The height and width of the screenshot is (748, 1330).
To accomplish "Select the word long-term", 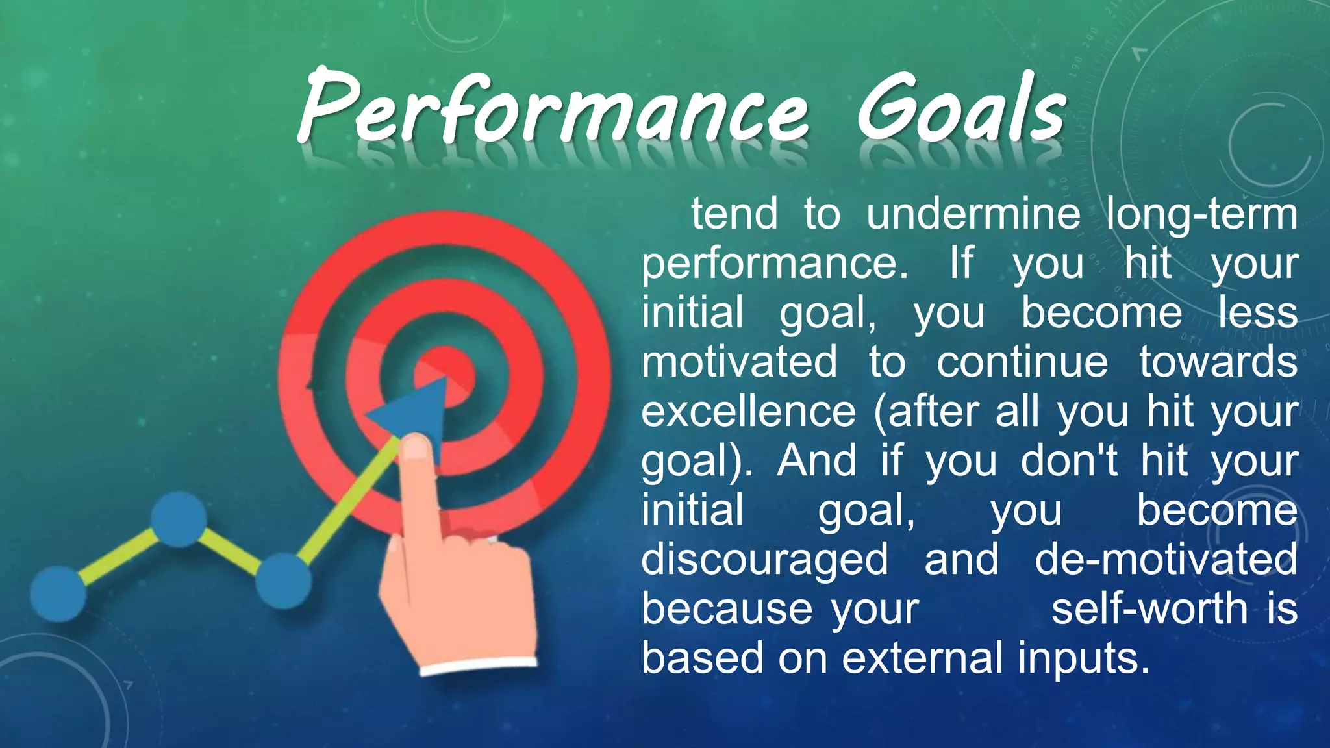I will tap(1201, 214).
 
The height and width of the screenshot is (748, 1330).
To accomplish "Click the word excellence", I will tap(749, 412).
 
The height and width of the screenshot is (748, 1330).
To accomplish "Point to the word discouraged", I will tap(764, 560).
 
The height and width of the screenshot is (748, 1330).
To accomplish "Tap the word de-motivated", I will tap(1166, 560).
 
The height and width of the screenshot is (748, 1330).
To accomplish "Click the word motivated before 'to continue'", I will tap(739, 362).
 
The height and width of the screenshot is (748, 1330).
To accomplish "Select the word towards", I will tap(1218, 362).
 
